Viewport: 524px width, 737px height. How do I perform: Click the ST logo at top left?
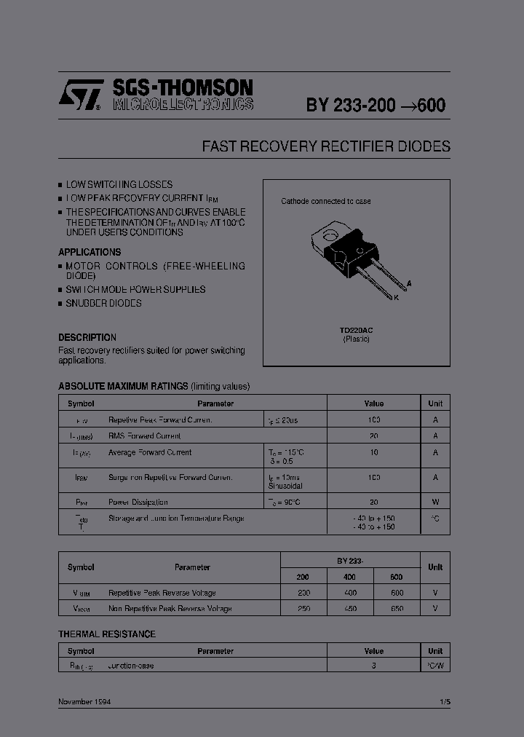pyautogui.click(x=79, y=95)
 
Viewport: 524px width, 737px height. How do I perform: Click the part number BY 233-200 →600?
pyautogui.click(x=376, y=105)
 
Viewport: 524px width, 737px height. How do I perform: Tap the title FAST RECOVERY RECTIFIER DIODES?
pyautogui.click(x=326, y=146)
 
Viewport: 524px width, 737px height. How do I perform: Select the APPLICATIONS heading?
pyautogui.click(x=90, y=252)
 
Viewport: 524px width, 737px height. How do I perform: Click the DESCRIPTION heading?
pyautogui.click(x=87, y=338)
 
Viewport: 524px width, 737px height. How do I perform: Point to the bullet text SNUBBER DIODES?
pyautogui.click(x=103, y=303)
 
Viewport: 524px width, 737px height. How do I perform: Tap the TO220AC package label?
pyautogui.click(x=356, y=331)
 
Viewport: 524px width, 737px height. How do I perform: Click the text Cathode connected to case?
pyautogui.click(x=326, y=201)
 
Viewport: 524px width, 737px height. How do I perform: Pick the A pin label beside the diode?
pyautogui.click(x=409, y=282)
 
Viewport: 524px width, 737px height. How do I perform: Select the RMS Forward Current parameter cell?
pyautogui.click(x=144, y=436)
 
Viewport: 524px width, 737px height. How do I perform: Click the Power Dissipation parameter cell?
pyautogui.click(x=138, y=502)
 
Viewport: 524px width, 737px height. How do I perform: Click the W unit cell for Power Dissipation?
pyautogui.click(x=435, y=502)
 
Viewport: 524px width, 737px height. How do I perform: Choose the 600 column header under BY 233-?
pyautogui.click(x=397, y=576)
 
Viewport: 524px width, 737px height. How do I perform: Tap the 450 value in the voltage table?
pyautogui.click(x=350, y=609)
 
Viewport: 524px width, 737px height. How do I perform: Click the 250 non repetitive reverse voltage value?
pyautogui.click(x=303, y=609)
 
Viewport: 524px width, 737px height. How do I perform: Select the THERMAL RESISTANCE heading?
pyautogui.click(x=107, y=634)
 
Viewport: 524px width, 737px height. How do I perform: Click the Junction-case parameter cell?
pyautogui.click(x=131, y=666)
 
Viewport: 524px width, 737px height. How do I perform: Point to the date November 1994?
pyautogui.click(x=84, y=702)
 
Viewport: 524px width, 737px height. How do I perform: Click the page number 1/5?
pyautogui.click(x=445, y=702)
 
